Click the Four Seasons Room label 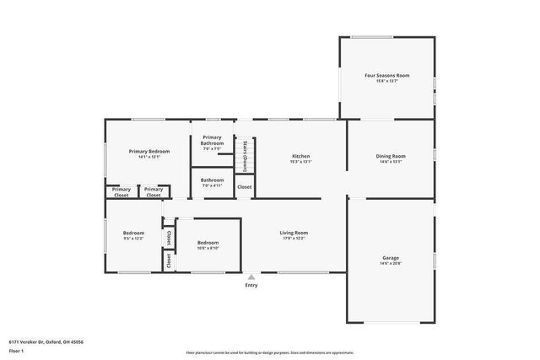(x=386, y=75)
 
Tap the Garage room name (x=391, y=258)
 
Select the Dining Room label (x=391, y=156)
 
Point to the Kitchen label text (x=300, y=156)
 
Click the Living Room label (x=294, y=233)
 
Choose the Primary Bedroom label (x=149, y=151)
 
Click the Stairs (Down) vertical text (x=245, y=155)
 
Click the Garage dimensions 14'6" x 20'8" (x=391, y=264)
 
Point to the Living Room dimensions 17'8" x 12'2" (x=294, y=239)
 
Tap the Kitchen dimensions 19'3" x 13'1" (x=300, y=162)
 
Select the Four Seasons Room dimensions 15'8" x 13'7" (x=386, y=81)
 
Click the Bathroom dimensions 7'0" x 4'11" (x=212, y=185)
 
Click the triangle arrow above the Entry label (x=251, y=277)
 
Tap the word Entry (x=251, y=285)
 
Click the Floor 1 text (x=15, y=350)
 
